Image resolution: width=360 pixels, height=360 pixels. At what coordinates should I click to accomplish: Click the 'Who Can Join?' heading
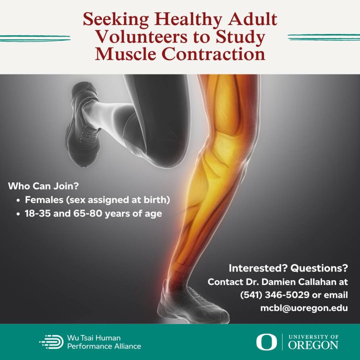(x=43, y=186)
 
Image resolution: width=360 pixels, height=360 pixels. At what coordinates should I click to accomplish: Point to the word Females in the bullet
(x=44, y=200)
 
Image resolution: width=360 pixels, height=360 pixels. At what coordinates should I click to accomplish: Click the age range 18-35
(x=38, y=213)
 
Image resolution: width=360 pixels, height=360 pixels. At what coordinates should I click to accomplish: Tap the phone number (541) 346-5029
(x=275, y=295)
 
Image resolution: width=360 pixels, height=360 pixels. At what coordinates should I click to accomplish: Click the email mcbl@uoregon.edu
(x=304, y=308)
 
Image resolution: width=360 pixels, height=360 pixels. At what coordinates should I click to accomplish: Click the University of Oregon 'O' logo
(x=266, y=342)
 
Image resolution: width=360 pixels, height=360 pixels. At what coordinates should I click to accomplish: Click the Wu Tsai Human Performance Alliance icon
(x=51, y=342)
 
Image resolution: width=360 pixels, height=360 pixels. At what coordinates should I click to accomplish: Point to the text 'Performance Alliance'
(x=104, y=346)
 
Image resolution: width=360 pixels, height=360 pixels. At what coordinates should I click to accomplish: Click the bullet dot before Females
(x=18, y=200)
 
